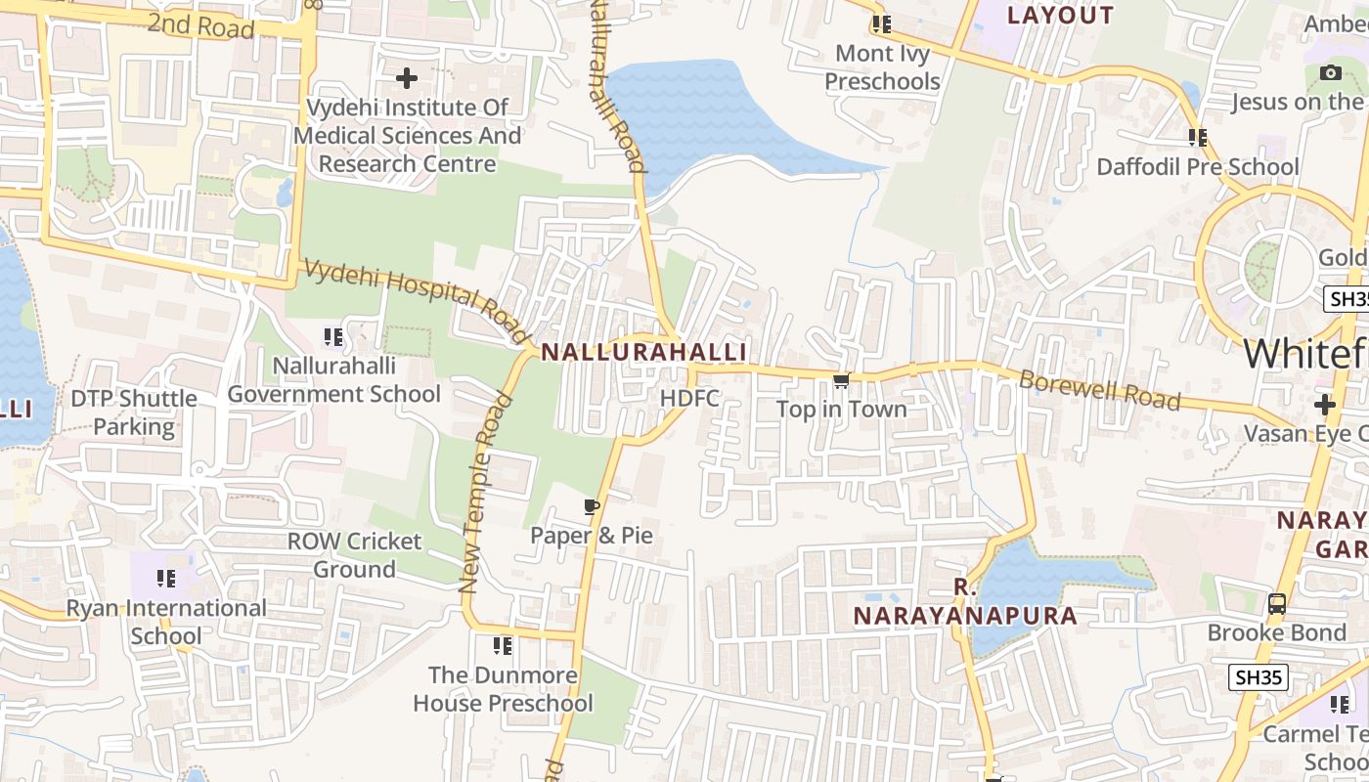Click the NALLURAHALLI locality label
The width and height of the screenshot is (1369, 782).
(x=643, y=352)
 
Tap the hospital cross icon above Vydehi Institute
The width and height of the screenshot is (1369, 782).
(x=406, y=77)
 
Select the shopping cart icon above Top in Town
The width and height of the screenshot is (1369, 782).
(x=841, y=380)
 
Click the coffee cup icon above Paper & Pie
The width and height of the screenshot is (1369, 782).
(x=591, y=506)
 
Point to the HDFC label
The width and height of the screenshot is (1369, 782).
(x=689, y=399)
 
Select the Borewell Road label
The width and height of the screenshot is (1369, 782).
(x=1099, y=389)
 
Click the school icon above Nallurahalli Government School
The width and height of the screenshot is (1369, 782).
(x=333, y=337)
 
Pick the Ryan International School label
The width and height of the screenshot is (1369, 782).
(x=166, y=622)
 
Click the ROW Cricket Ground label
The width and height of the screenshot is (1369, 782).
(x=354, y=554)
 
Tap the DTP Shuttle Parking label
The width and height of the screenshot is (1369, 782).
(x=134, y=413)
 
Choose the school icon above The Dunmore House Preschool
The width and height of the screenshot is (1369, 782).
(x=503, y=646)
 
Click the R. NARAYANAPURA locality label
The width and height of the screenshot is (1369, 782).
(x=965, y=602)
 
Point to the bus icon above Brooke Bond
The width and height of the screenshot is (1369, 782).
(x=1277, y=604)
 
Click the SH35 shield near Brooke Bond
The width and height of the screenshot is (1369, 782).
(x=1258, y=676)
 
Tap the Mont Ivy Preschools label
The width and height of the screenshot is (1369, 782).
(x=882, y=66)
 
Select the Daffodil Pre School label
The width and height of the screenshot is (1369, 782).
(x=1198, y=167)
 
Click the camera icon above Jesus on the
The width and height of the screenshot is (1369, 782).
(x=1330, y=72)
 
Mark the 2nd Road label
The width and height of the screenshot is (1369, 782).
(x=200, y=25)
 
